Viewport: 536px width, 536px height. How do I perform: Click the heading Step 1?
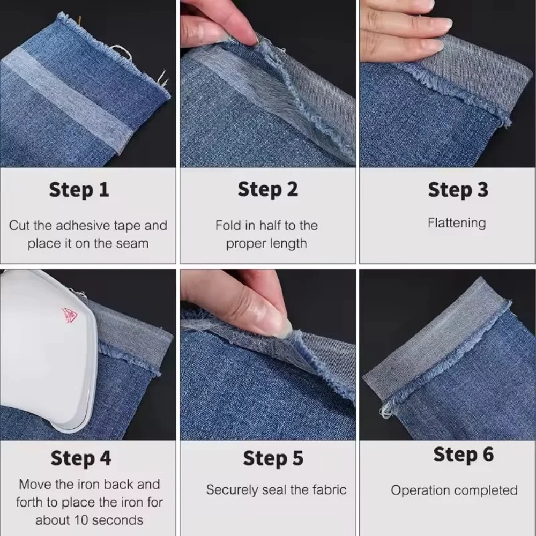(x=79, y=190)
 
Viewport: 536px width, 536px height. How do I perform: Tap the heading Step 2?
(x=267, y=190)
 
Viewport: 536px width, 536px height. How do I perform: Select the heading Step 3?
(x=458, y=190)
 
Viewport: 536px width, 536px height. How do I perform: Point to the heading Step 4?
(x=81, y=459)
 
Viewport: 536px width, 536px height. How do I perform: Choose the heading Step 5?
(x=273, y=459)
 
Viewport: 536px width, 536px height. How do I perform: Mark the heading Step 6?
(x=463, y=455)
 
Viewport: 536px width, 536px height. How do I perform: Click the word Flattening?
(x=457, y=223)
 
